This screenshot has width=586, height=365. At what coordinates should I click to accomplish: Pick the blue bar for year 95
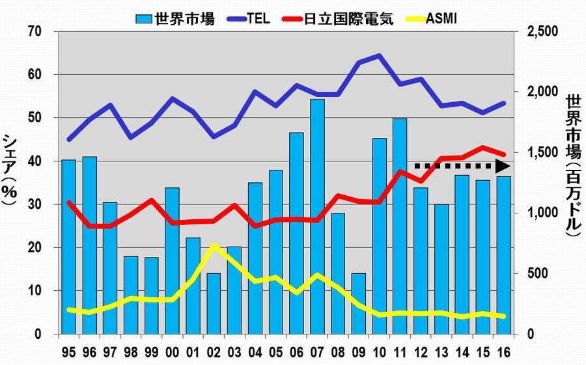tap(68, 247)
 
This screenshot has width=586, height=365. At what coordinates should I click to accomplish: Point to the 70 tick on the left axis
tap(35, 31)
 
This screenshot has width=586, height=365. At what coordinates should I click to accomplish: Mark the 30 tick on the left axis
tap(35, 204)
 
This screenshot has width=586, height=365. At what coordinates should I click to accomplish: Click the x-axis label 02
tap(214, 351)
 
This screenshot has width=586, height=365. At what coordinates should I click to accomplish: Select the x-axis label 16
tap(503, 351)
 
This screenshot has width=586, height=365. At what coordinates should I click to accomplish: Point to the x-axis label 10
tap(379, 351)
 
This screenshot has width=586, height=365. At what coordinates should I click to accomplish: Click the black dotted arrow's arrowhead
tap(502, 165)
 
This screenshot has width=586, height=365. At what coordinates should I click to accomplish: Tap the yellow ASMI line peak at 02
tap(214, 245)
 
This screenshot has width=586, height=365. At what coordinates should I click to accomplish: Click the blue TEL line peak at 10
tap(379, 55)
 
